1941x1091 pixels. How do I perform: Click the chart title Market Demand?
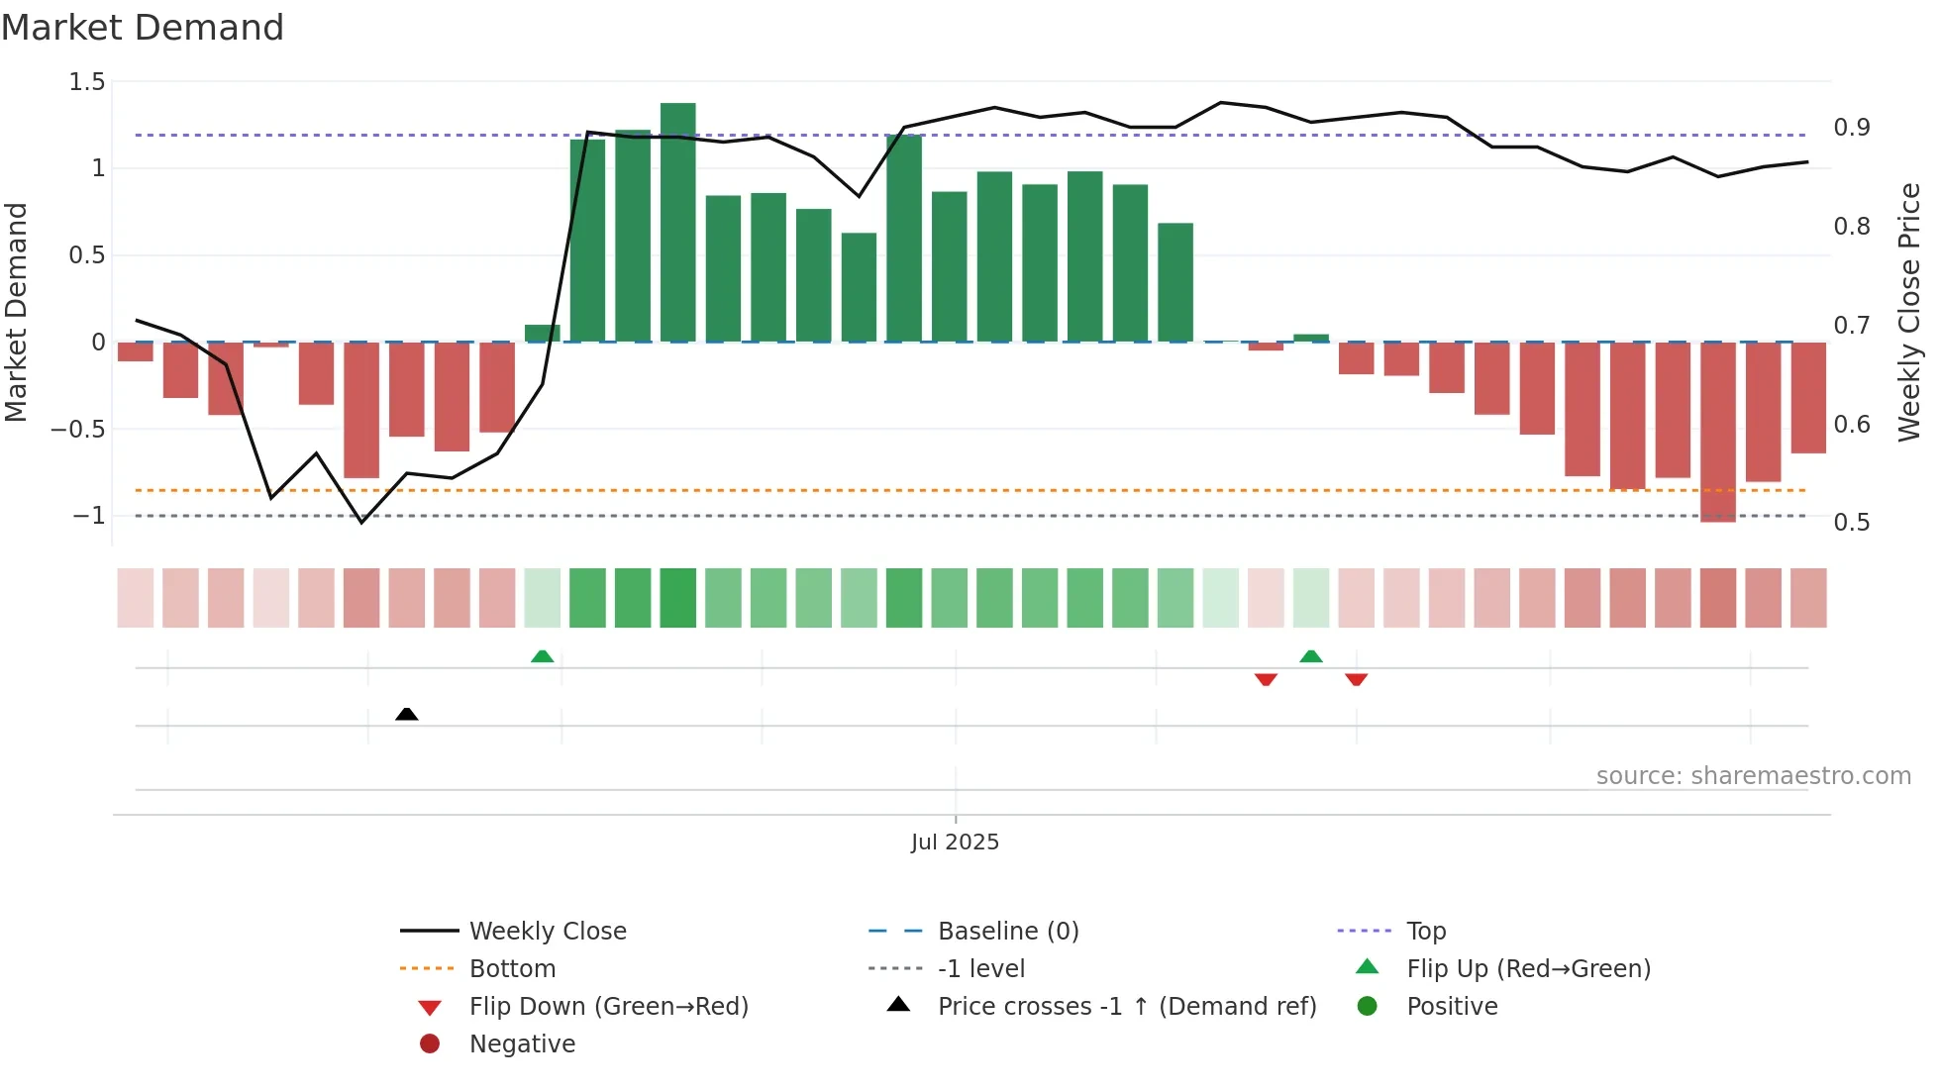143,28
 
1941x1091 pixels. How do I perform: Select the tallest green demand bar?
678,223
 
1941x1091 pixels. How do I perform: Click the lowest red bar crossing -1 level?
1718,432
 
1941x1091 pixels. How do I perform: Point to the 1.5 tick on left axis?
87,82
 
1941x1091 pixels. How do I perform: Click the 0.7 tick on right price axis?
1851,326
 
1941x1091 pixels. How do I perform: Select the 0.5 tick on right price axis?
1851,523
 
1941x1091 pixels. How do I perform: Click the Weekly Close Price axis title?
1909,312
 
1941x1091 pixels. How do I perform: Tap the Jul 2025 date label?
955,843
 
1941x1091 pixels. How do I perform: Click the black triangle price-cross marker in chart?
406,714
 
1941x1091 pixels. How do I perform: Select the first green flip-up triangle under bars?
542,656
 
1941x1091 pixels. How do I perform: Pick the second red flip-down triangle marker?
1356,679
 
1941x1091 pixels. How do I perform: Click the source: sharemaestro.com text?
1753,776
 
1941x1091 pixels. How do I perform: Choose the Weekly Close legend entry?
547,932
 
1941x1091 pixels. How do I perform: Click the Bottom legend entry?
512,969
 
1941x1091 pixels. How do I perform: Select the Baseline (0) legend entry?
1007,932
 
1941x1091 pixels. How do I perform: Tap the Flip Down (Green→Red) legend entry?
608,1007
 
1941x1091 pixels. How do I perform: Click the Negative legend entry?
522,1044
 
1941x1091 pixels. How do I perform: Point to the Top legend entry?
1425,932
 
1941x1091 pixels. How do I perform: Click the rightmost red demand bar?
1808,398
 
